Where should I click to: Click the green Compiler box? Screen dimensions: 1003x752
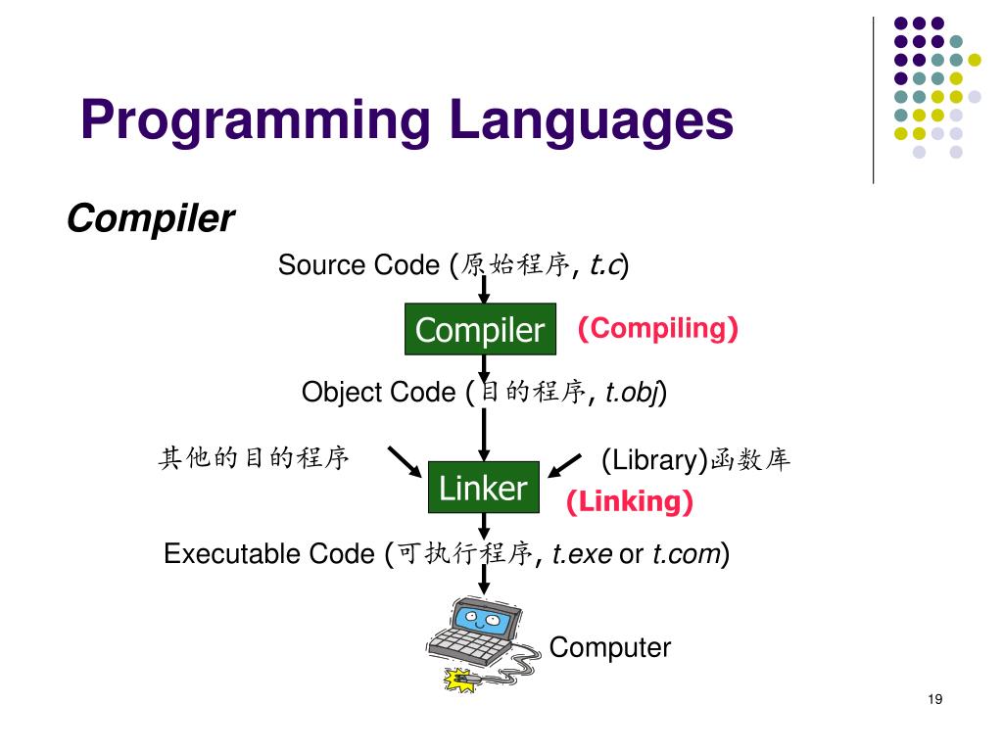pos(480,329)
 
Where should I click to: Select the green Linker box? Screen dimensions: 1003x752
pos(483,488)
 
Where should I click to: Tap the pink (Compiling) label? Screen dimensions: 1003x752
pos(656,328)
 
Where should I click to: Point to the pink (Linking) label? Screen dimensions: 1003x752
pos(630,502)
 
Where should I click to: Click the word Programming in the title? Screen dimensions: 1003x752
pos(256,121)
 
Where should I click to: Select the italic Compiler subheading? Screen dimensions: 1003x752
pos(150,218)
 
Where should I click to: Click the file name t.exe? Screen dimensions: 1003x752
pos(582,554)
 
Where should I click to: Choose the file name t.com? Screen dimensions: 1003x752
pos(686,554)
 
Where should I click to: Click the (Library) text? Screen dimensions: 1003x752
pos(654,459)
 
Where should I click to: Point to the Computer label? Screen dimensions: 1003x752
pos(609,647)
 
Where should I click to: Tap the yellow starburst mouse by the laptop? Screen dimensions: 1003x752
pos(456,680)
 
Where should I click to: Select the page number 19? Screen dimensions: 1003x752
pos(933,699)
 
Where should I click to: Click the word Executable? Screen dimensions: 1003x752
pos(232,554)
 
